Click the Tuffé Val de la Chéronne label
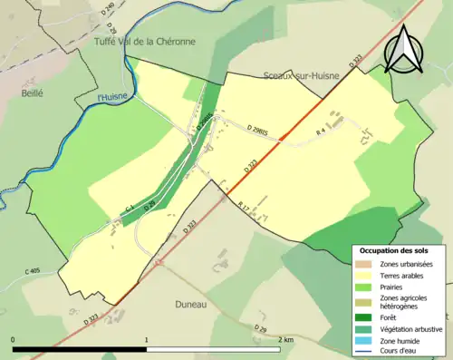(145, 42)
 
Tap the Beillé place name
(34, 92)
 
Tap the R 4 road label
(320, 133)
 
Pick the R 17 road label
(244, 207)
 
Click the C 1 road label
(130, 210)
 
